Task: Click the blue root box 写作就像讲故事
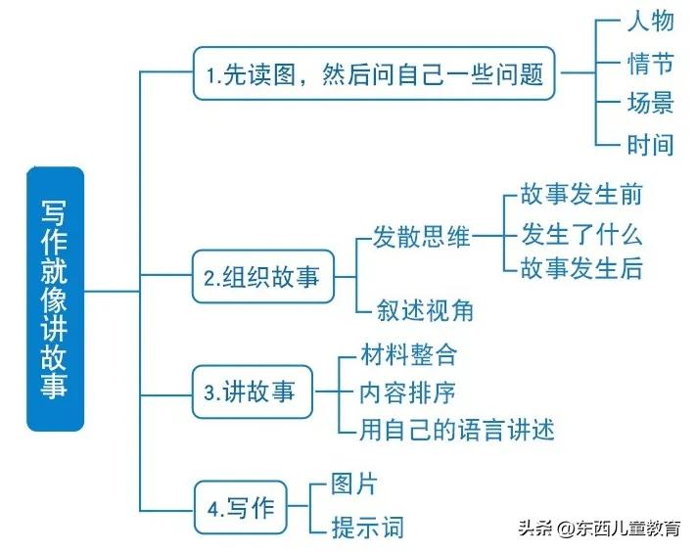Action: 56,299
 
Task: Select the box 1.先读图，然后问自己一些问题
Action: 374,73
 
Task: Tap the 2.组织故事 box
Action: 261,277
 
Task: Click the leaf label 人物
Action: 650,23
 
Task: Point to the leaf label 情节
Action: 650,65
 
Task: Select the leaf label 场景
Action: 650,104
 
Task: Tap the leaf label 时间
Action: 650,145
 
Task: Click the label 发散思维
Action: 422,237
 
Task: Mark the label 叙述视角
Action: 426,309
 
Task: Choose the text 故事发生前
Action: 581,194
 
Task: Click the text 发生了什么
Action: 581,234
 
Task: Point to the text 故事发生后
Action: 581,267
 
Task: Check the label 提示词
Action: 368,527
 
